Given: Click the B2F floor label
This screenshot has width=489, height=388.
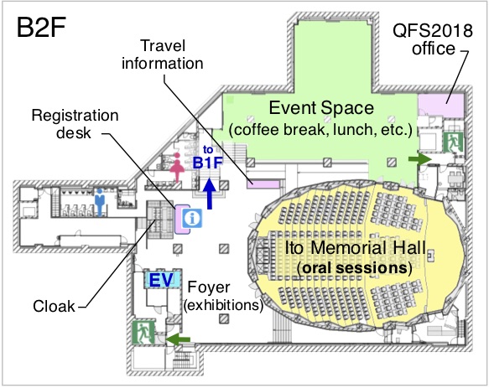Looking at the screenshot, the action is (x=41, y=28).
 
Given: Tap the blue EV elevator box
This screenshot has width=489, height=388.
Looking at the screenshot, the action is (x=162, y=280).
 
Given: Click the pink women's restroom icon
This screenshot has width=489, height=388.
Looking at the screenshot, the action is (x=177, y=167).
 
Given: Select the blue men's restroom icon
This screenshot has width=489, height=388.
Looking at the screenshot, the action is (x=100, y=202).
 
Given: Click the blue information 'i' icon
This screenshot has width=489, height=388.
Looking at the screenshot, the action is (x=192, y=218).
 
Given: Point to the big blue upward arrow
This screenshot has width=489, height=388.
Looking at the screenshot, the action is (x=210, y=194).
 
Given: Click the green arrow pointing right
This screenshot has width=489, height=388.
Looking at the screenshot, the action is (x=420, y=159).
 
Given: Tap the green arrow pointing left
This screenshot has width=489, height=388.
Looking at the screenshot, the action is (x=178, y=339).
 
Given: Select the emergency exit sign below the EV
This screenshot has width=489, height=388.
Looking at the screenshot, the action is (x=143, y=333).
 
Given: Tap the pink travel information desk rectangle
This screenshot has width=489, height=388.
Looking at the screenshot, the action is (x=263, y=184).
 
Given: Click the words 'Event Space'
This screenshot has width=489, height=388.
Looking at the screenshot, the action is (x=321, y=108).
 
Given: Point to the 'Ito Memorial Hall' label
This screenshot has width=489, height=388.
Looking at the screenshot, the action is (x=356, y=248).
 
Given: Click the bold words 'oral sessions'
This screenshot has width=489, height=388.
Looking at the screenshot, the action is (x=355, y=267).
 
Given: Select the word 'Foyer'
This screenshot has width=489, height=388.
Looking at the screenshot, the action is (x=209, y=287).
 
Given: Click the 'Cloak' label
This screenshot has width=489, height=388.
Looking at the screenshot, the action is (x=54, y=307).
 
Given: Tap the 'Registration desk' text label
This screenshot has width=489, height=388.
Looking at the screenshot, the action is (x=75, y=124).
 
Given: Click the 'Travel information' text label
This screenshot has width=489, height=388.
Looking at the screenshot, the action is (x=163, y=54).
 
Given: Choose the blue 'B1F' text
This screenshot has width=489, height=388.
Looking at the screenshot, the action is (x=208, y=163).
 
